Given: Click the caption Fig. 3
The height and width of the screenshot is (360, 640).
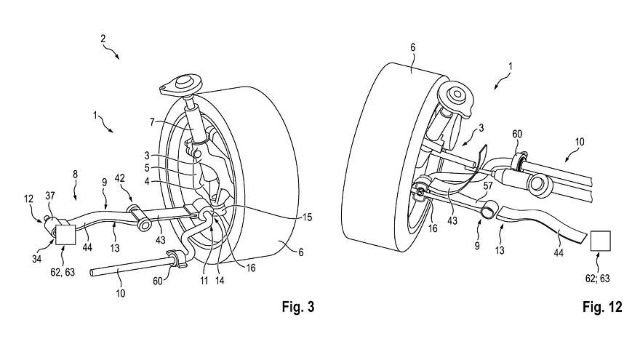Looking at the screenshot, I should pyautogui.click(x=297, y=307).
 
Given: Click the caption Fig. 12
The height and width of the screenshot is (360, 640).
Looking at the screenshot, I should pyautogui.click(x=603, y=307).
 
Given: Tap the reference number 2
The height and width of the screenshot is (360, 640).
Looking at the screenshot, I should pyautogui.click(x=103, y=36).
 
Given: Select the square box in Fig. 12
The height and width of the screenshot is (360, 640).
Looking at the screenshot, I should pyautogui.click(x=601, y=241).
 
